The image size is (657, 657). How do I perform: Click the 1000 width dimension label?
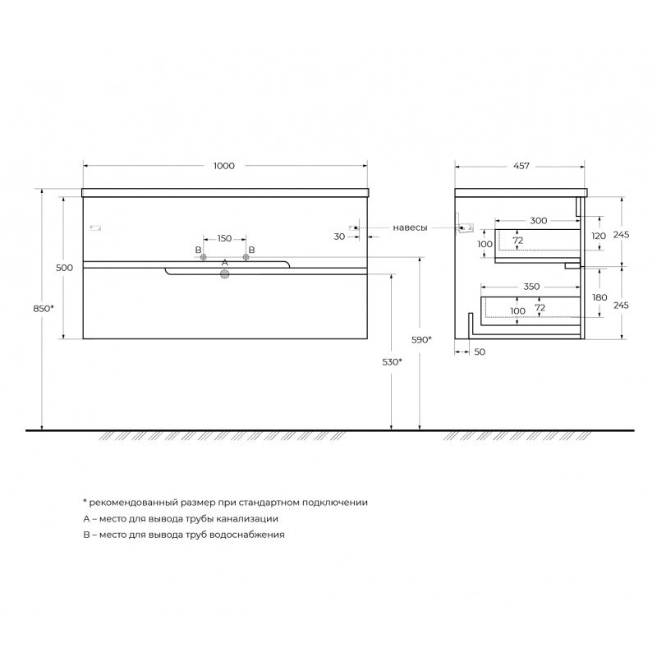[x=224, y=166]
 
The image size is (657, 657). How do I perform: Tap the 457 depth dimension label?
[x=521, y=166]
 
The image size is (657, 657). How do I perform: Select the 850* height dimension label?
[x=44, y=309]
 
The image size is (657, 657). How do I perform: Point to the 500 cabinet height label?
[x=64, y=268]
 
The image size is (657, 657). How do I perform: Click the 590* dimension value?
[x=421, y=340]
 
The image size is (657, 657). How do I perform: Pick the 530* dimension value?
[x=393, y=362]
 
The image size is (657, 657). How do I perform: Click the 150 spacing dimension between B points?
[x=224, y=238]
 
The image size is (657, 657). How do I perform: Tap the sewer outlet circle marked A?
[x=225, y=274]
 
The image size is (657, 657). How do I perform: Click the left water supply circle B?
[x=203, y=257]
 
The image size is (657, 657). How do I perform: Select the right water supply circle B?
[x=246, y=257]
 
